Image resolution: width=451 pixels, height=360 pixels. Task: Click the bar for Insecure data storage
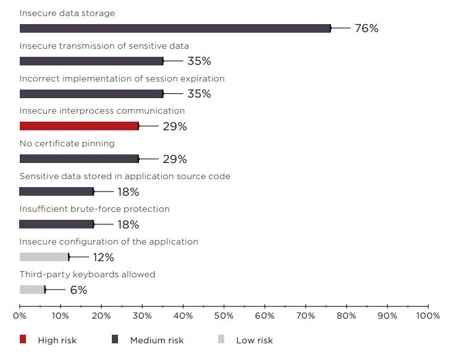(175, 28)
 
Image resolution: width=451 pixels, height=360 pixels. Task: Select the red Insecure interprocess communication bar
(79, 126)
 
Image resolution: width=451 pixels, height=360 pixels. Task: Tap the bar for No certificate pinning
(79, 159)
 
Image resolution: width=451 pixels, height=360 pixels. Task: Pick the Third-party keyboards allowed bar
(32, 290)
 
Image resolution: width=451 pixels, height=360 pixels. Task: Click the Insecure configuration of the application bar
(44, 257)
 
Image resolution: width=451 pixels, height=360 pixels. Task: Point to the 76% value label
(366, 28)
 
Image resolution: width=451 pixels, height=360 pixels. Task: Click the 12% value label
(103, 257)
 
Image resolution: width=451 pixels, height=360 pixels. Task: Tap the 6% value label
(78, 290)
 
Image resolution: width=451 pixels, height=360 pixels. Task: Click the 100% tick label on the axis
(428, 316)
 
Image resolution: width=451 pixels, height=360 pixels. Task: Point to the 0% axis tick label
(20, 316)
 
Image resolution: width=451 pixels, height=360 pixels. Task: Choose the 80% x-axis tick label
(346, 316)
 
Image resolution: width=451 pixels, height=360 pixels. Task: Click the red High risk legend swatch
(23, 340)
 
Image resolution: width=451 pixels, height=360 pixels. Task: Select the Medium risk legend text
(157, 340)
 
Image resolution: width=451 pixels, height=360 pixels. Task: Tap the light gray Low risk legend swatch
(222, 340)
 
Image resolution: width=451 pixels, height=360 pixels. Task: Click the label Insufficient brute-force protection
(95, 209)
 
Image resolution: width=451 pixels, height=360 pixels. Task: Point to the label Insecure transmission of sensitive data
(104, 46)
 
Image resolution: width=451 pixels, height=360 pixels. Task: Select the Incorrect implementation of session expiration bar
(91, 94)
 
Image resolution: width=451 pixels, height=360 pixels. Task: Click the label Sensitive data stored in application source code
(125, 176)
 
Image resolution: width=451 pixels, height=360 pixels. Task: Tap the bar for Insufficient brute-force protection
(56, 224)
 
